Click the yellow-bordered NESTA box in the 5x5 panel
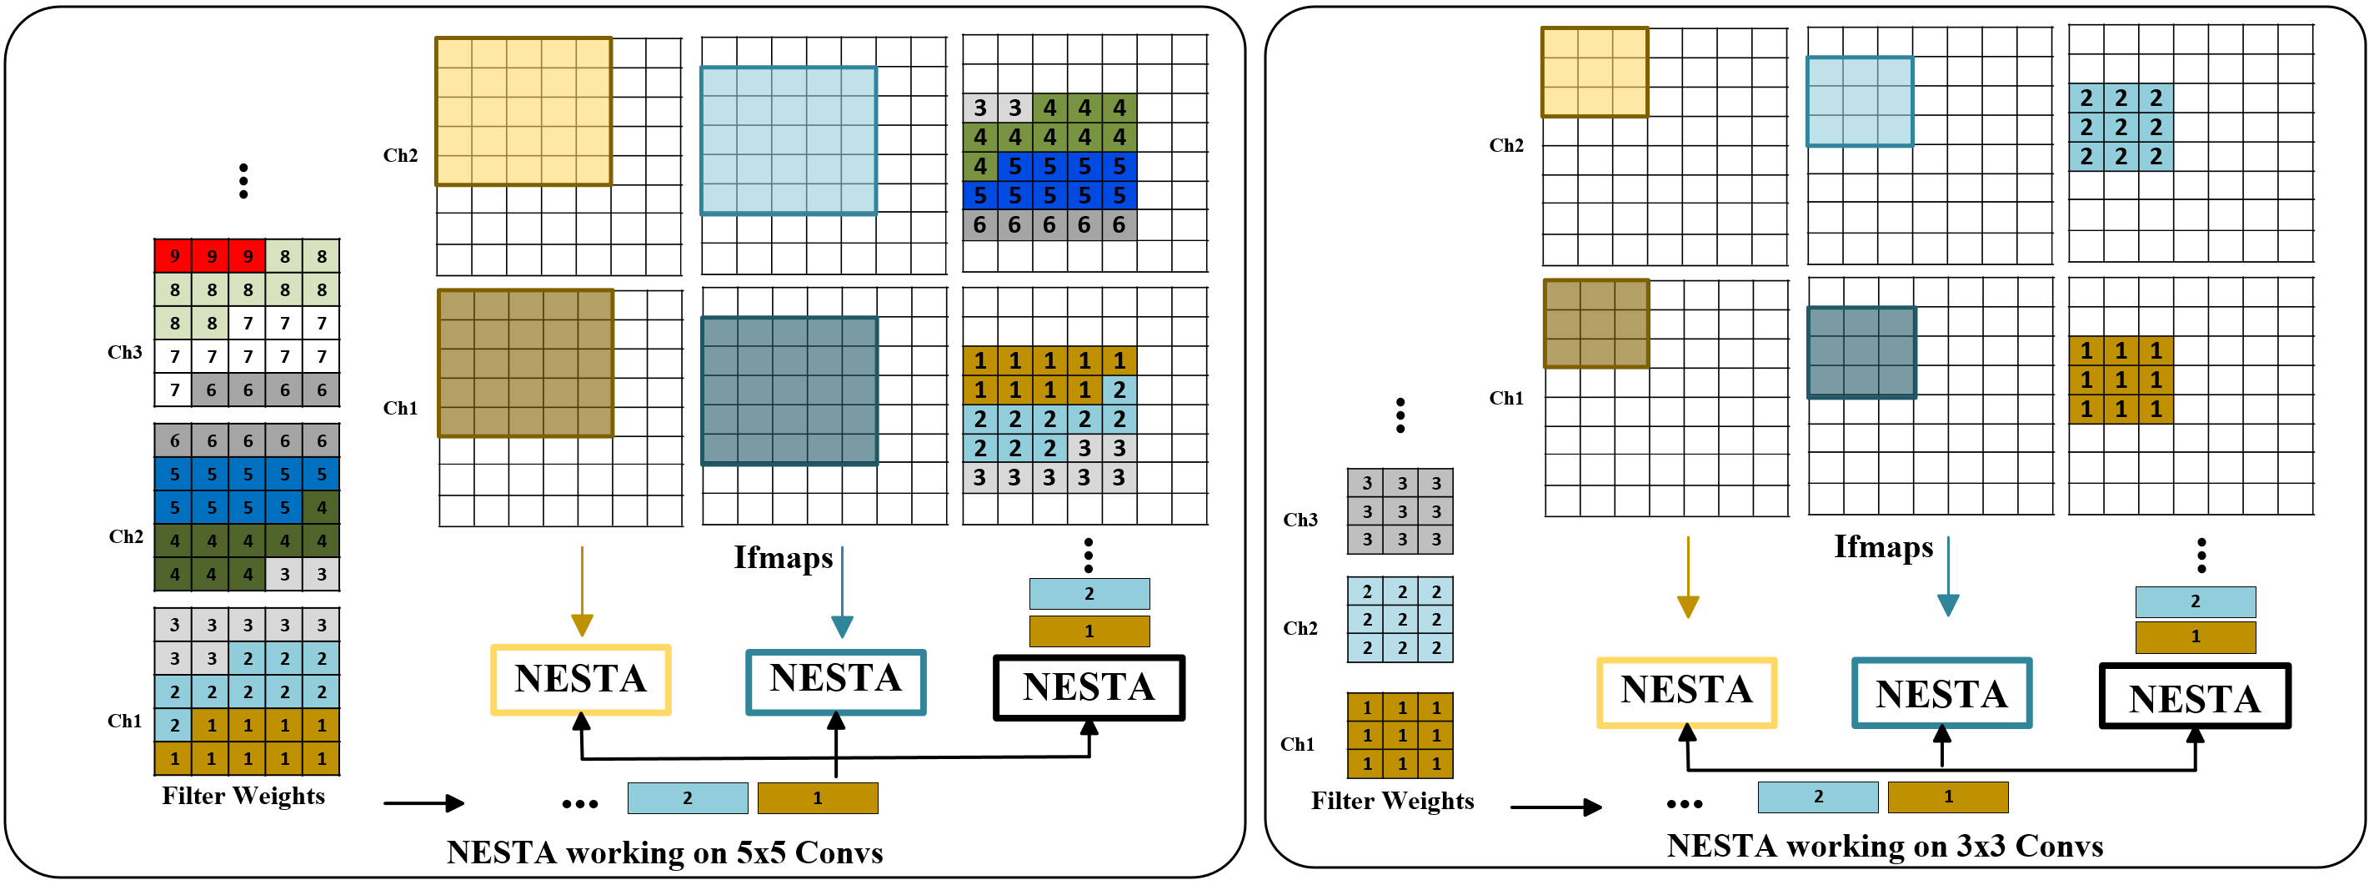tap(581, 681)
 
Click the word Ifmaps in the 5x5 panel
tap(783, 558)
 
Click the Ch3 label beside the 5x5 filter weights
tap(124, 352)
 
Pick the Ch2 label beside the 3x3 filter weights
tap(1300, 628)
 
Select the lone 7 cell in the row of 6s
tap(174, 390)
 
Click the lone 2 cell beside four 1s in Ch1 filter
tap(174, 725)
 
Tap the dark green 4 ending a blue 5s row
tap(321, 507)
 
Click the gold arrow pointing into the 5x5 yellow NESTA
tap(582, 590)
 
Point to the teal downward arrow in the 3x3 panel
tap(1947, 576)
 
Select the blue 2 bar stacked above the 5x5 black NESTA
tap(1089, 594)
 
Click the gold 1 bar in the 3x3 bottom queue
tap(1947, 797)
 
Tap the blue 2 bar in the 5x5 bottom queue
tap(688, 798)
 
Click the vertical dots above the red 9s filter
tap(243, 181)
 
